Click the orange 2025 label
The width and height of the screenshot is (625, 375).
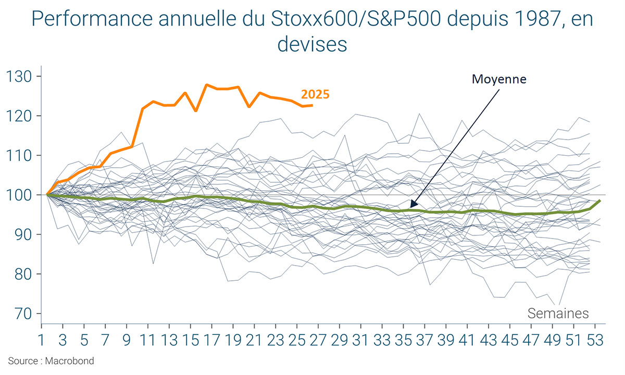pyautogui.click(x=315, y=95)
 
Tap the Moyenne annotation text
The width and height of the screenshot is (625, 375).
pyautogui.click(x=499, y=79)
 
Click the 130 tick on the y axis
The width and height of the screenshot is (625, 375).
pyautogui.click(x=19, y=77)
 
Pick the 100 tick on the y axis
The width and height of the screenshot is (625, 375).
pyautogui.click(x=19, y=195)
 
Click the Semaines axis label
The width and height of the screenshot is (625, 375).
pyautogui.click(x=558, y=314)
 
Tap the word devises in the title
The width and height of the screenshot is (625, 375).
pyautogui.click(x=312, y=44)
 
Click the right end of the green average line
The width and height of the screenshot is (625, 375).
pyautogui.click(x=601, y=201)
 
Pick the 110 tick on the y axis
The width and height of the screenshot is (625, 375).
pyautogui.click(x=19, y=156)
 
